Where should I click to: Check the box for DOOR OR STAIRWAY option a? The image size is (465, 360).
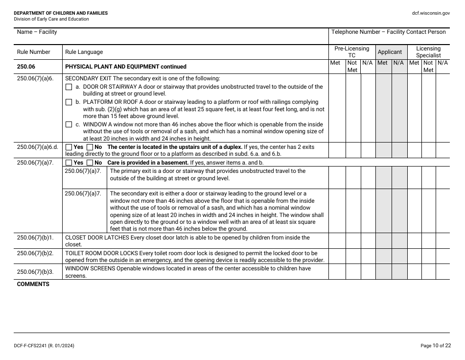click(x=69, y=87)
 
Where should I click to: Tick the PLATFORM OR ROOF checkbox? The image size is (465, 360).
click(x=69, y=102)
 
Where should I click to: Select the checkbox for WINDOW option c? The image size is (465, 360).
click(x=69, y=124)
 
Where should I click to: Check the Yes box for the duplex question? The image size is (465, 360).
click(x=69, y=147)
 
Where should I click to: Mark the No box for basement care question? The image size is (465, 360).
click(x=90, y=163)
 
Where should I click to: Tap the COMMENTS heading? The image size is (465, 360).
click(x=33, y=284)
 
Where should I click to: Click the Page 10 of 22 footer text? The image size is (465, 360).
click(x=435, y=346)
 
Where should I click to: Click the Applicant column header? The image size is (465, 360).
click(x=390, y=52)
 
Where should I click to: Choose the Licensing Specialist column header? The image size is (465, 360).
click(x=428, y=52)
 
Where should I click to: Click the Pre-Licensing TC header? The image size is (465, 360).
click(x=351, y=52)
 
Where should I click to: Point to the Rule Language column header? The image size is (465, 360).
click(x=84, y=52)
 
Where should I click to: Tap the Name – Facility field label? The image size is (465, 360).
click(x=37, y=32)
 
